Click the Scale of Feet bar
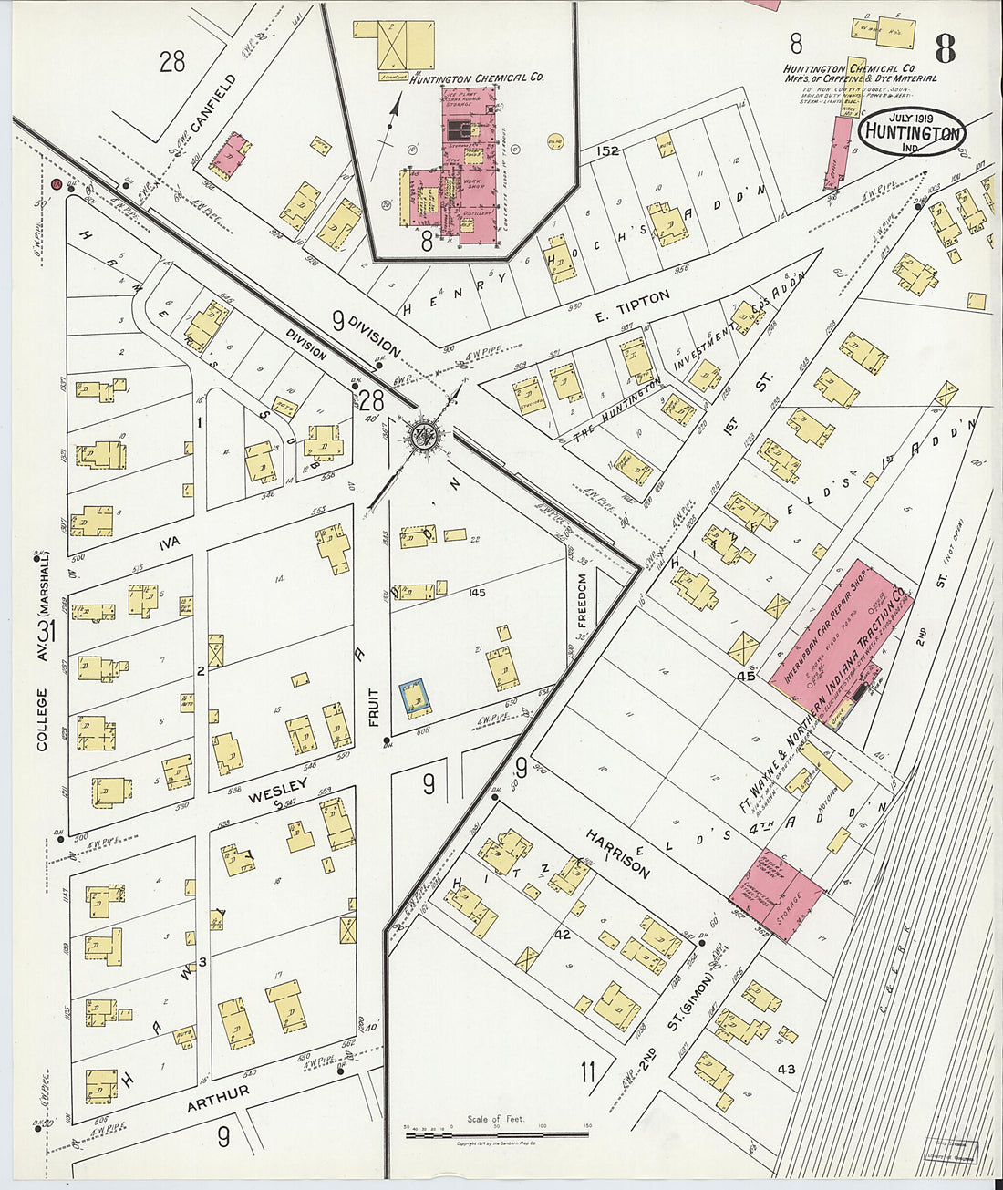pyautogui.click(x=497, y=1134)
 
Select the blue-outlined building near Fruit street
pyautogui.click(x=416, y=697)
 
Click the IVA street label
pyautogui.click(x=169, y=543)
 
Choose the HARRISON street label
pyautogui.click(x=619, y=854)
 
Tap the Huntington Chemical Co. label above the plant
pyautogui.click(x=476, y=79)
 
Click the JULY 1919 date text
pyautogui.click(x=912, y=117)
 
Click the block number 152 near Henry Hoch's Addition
pyautogui.click(x=607, y=150)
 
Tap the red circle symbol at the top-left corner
pyautogui.click(x=57, y=185)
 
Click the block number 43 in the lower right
pyautogui.click(x=786, y=1068)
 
